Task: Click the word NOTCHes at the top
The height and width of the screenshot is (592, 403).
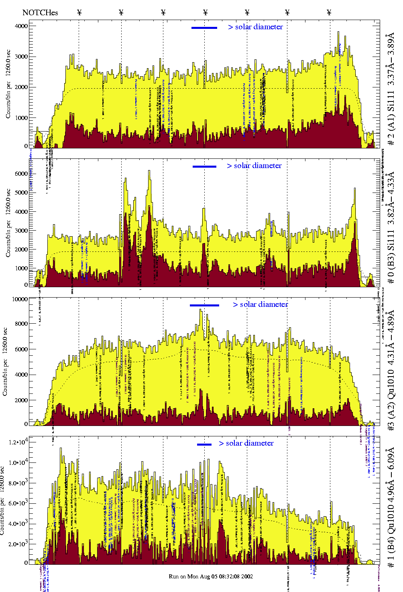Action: click(40, 12)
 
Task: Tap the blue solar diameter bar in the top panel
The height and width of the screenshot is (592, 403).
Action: click(204, 28)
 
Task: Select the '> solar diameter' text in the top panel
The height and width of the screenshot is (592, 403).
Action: click(255, 27)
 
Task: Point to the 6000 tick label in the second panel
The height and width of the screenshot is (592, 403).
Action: click(21, 174)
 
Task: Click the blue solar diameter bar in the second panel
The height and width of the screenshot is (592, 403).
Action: click(204, 166)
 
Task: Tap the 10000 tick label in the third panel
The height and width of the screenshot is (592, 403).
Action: click(20, 299)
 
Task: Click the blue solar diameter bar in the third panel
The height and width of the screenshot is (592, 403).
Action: click(204, 305)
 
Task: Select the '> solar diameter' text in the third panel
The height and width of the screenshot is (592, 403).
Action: click(260, 304)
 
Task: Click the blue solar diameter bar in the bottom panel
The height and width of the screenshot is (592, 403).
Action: click(204, 444)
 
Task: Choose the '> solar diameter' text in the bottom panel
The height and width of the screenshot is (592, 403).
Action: click(246, 443)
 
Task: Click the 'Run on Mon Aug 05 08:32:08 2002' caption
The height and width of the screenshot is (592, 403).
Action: click(211, 576)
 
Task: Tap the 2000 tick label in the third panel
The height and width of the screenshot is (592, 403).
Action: click(21, 400)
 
